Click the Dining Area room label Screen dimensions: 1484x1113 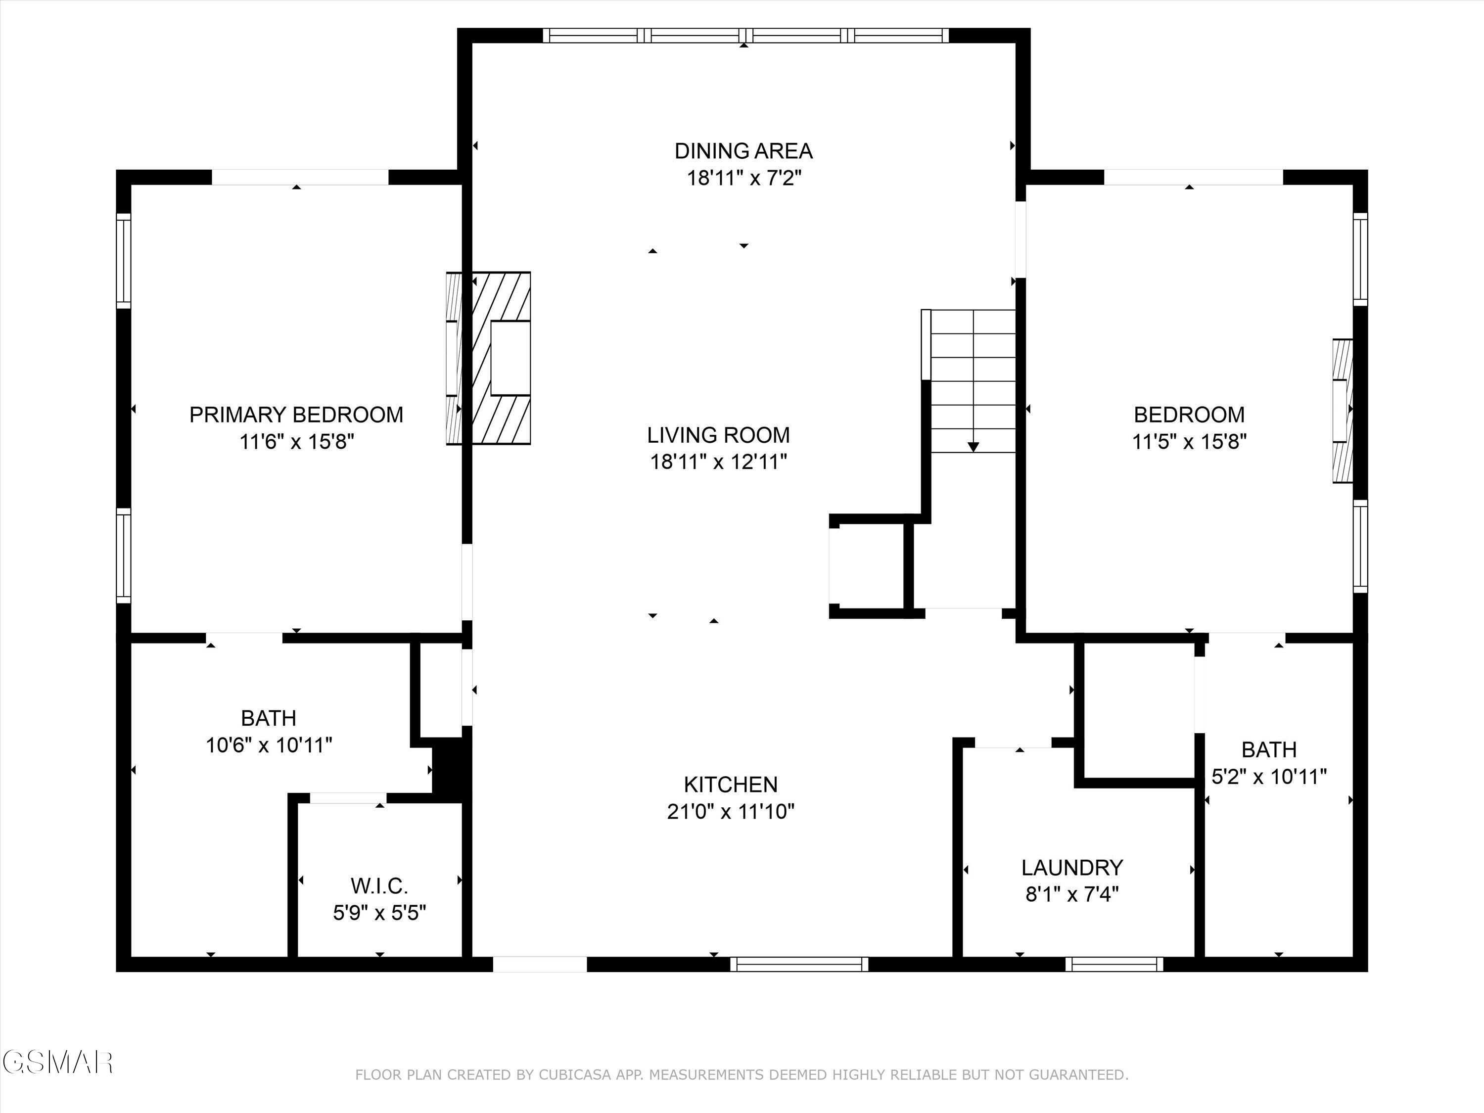743,151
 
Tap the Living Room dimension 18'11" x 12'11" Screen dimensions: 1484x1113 719,462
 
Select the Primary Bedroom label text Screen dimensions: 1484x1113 296,415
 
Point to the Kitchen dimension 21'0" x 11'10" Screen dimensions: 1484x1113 731,812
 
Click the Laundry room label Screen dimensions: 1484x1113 1072,868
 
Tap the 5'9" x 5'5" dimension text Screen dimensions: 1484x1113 380,913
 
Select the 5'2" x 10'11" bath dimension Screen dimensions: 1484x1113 1269,777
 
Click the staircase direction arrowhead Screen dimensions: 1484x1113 974,446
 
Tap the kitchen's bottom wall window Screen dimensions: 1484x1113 799,964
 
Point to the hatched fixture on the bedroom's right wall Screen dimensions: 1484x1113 1342,411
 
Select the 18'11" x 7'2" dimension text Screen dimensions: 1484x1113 744,179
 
